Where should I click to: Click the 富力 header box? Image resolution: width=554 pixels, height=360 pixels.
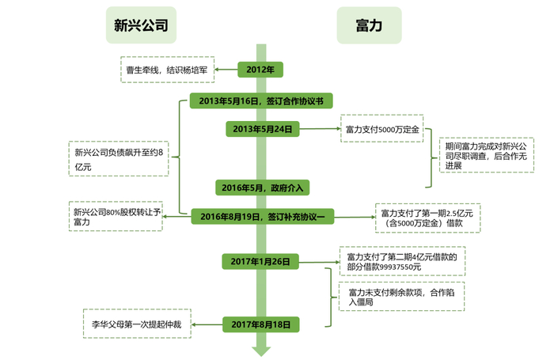tap(369, 25)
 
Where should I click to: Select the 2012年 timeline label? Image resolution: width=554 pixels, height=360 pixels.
tap(260, 70)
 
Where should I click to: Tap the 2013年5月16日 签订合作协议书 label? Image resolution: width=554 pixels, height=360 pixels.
tap(260, 100)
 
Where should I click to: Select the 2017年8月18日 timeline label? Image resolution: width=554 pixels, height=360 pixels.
tap(261, 324)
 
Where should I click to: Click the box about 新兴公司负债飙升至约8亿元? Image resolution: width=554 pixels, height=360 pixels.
tap(116, 159)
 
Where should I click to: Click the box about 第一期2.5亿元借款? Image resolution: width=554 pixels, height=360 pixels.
tap(418, 218)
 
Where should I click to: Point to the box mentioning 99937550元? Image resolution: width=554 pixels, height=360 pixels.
tap(400, 262)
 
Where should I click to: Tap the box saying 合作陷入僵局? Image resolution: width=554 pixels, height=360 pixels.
tap(400, 297)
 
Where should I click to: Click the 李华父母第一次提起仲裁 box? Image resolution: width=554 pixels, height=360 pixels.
tap(136, 324)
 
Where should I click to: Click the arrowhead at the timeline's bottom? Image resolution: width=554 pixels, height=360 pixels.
tap(260, 351)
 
